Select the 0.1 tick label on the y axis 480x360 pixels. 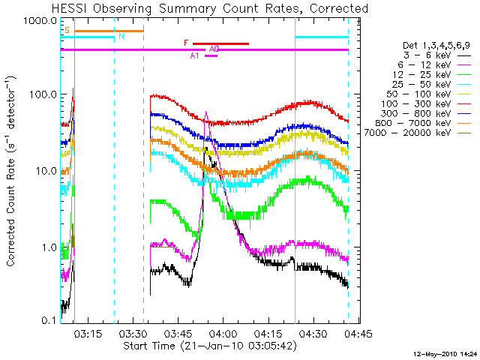pyautogui.click(x=49, y=321)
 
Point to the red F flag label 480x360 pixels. pyautogui.click(x=186, y=43)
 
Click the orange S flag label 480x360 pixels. pyautogui.click(x=67, y=31)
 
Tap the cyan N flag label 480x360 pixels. pyautogui.click(x=121, y=35)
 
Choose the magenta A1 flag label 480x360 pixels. pyautogui.click(x=195, y=55)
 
